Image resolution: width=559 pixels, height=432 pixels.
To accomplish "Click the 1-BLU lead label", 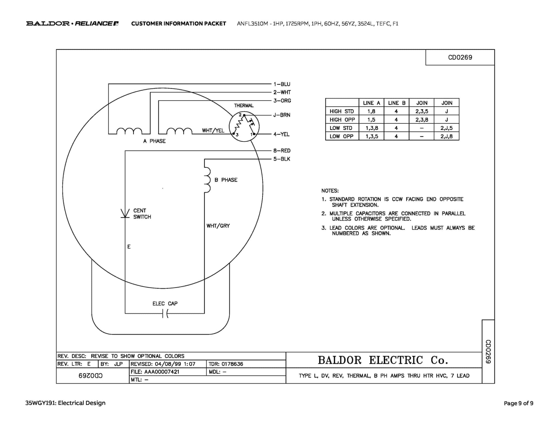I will [x=282, y=84].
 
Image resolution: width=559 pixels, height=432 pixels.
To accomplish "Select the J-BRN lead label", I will [x=282, y=115].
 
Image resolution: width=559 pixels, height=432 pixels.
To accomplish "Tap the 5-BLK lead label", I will [x=282, y=159].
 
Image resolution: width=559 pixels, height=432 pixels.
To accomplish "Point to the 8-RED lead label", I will [x=282, y=150].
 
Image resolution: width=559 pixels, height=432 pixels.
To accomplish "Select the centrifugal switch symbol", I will [x=125, y=213].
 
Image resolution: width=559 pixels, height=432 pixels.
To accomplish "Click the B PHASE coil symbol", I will [x=207, y=180].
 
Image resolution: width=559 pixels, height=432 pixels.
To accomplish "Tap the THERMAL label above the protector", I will [x=243, y=106].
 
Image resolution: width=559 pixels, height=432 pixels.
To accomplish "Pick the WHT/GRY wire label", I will [x=218, y=226].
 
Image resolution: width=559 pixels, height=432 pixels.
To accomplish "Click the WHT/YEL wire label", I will [x=213, y=131].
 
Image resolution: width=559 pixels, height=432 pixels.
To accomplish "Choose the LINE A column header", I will [x=371, y=103].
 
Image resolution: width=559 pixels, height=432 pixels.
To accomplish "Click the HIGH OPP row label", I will [x=342, y=120].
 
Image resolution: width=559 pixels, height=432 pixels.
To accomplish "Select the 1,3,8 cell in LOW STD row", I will [x=371, y=128].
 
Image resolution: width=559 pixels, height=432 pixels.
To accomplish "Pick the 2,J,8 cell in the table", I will [x=446, y=136].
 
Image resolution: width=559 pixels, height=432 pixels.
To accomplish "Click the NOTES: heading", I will [x=330, y=191].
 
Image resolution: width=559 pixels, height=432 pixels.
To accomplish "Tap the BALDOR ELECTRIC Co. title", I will [x=383, y=360].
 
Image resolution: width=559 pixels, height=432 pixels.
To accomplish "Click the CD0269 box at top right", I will [x=460, y=57].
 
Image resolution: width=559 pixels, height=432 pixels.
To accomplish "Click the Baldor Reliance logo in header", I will [x=72, y=23].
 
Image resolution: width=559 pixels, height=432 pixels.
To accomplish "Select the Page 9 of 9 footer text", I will [x=518, y=403].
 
